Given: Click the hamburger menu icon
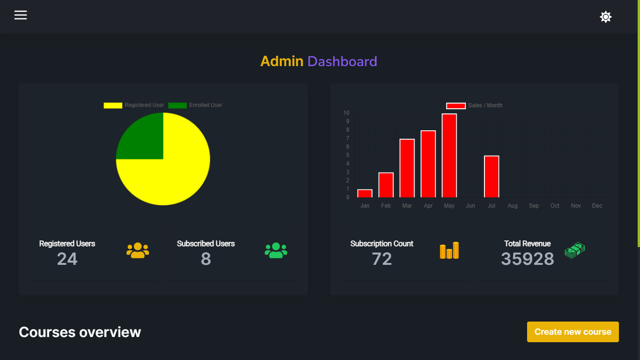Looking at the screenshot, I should tap(21, 15).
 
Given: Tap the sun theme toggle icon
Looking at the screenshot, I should tap(606, 17).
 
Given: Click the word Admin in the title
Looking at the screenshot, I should tap(282, 61).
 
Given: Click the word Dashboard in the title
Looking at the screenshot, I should tap(342, 61).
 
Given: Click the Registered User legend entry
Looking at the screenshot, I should tap(134, 105).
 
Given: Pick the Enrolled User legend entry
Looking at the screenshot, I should tap(195, 105).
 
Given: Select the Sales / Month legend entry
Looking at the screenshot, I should tap(474, 105).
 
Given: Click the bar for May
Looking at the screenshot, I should tap(449, 156).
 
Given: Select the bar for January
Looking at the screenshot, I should tap(365, 193).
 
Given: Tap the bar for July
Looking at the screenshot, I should tap(491, 177).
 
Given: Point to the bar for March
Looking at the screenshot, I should tap(407, 168).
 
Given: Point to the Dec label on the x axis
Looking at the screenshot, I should tap(597, 206).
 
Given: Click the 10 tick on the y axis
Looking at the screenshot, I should tap(346, 113).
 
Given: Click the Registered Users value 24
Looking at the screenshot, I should tap(67, 259).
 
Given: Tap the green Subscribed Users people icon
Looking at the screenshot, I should tap(276, 251).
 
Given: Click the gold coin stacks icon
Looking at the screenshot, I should tap(449, 251).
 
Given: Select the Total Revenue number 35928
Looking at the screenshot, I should tap(527, 259).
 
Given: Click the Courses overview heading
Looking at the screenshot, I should tap(80, 332).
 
